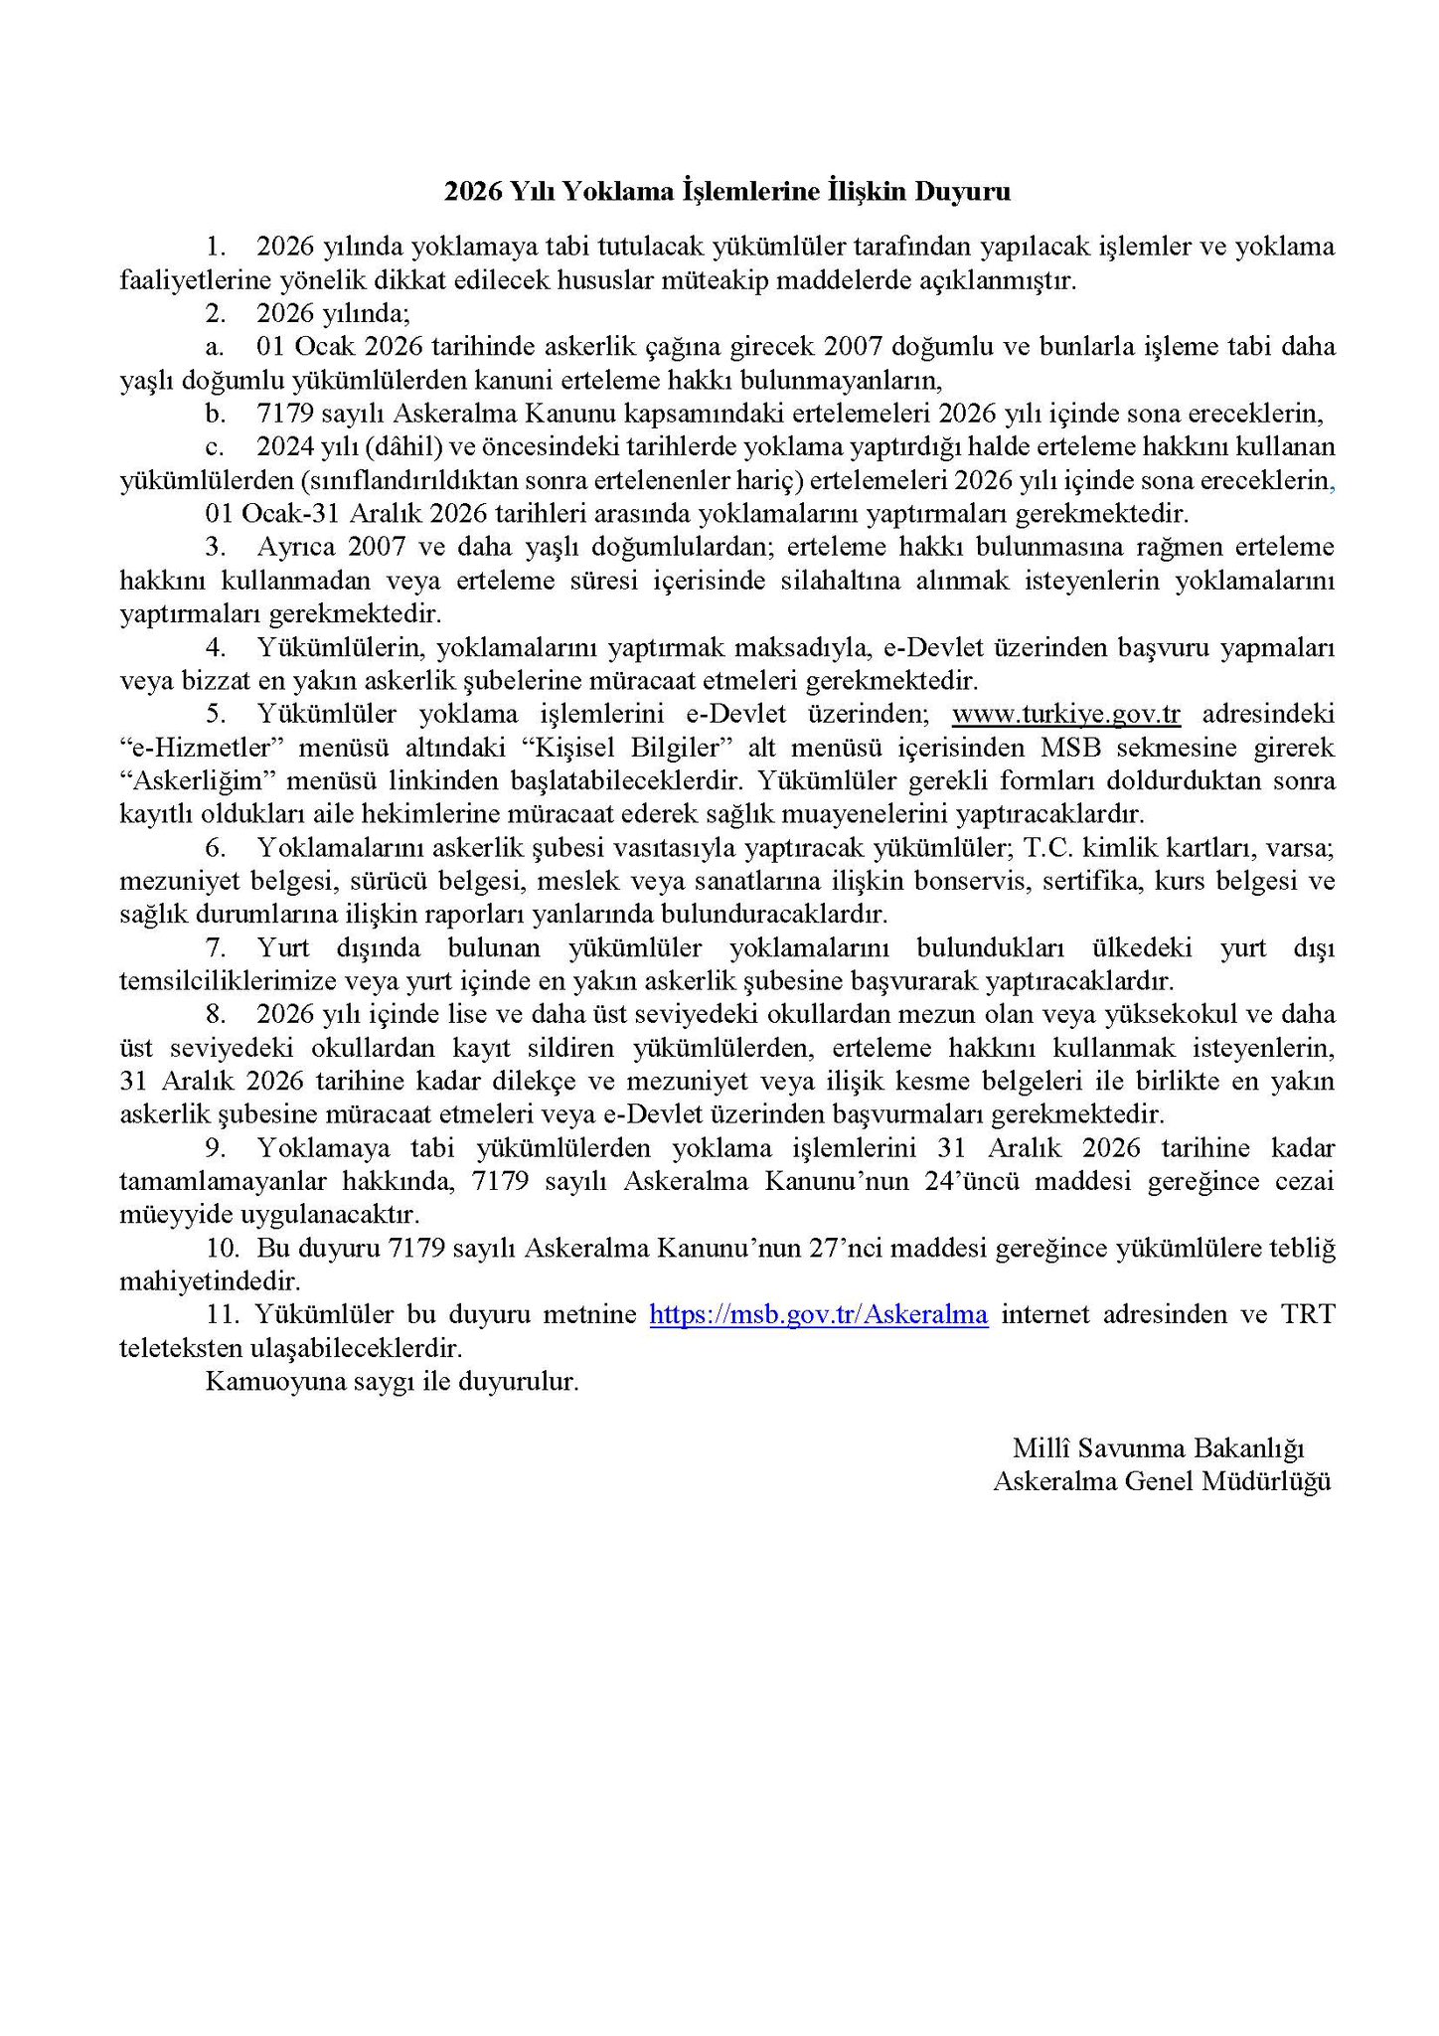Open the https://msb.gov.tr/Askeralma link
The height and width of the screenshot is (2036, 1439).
pyautogui.click(x=819, y=1315)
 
